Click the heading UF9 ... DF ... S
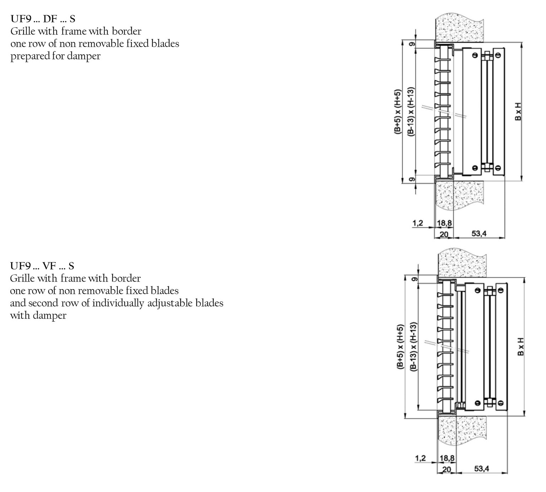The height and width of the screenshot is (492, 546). point(43,19)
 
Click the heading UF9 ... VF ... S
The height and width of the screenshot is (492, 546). point(42,266)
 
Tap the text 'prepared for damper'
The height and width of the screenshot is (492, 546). point(55,56)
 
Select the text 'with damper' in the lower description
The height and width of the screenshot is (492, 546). point(38,316)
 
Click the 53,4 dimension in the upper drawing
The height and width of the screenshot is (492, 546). point(479,234)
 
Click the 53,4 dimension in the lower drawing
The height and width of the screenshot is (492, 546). point(481,469)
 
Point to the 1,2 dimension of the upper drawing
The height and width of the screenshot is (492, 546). point(418,223)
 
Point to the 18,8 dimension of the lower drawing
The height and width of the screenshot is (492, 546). point(447,458)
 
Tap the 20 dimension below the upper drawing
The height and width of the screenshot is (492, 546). point(444,234)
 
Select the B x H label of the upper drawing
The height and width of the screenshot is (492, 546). point(518,111)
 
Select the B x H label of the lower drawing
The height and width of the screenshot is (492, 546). point(520,347)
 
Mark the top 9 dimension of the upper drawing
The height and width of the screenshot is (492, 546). point(412,44)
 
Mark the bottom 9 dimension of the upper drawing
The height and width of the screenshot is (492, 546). point(412,179)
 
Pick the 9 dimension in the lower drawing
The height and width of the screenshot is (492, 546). point(414,279)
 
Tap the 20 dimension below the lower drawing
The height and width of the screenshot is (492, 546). point(446,469)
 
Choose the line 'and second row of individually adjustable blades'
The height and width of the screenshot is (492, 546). point(117,303)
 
